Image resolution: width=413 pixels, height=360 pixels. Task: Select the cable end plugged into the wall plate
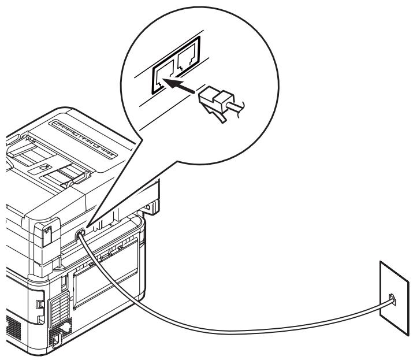[391, 299]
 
